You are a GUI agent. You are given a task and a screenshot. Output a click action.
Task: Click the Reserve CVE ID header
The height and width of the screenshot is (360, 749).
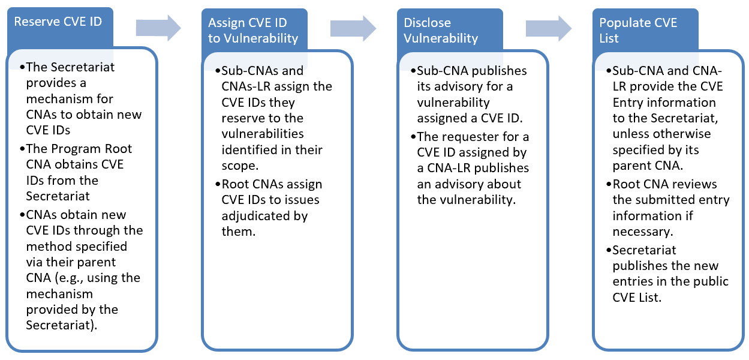coord(58,22)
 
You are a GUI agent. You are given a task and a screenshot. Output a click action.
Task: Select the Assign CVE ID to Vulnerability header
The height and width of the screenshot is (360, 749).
coord(252,31)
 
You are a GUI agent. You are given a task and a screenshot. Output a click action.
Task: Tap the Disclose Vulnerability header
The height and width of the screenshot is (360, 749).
coord(441,31)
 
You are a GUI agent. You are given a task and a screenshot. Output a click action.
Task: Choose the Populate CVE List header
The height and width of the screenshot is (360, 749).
coord(637,31)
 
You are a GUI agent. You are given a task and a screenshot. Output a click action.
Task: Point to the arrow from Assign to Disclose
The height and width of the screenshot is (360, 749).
coord(353,28)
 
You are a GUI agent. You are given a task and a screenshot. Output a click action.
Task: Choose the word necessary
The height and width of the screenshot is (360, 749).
coord(638,232)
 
